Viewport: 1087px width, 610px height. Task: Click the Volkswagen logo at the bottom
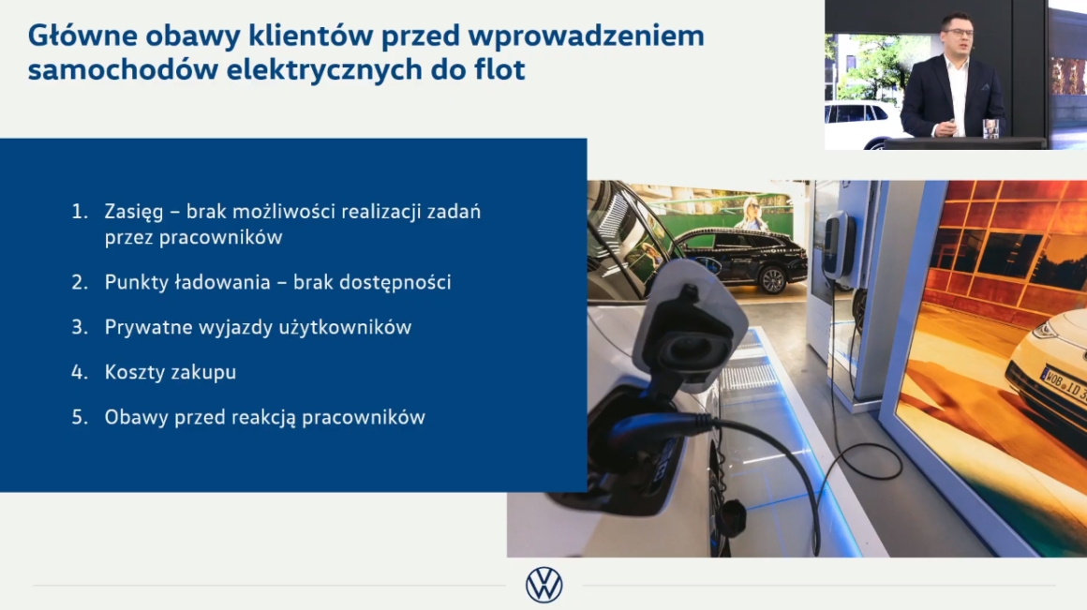click(x=544, y=585)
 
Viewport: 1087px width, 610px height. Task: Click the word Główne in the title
click(x=82, y=36)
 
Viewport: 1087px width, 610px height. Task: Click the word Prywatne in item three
click(x=148, y=327)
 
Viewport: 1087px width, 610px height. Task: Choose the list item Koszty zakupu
click(x=171, y=372)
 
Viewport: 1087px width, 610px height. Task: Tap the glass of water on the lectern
click(x=990, y=129)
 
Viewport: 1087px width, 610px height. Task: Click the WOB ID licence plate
click(x=1064, y=385)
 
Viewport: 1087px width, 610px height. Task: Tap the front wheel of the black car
click(x=772, y=279)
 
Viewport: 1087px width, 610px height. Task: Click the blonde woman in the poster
click(x=752, y=215)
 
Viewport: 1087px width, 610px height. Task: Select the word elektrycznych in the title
click(x=324, y=70)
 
